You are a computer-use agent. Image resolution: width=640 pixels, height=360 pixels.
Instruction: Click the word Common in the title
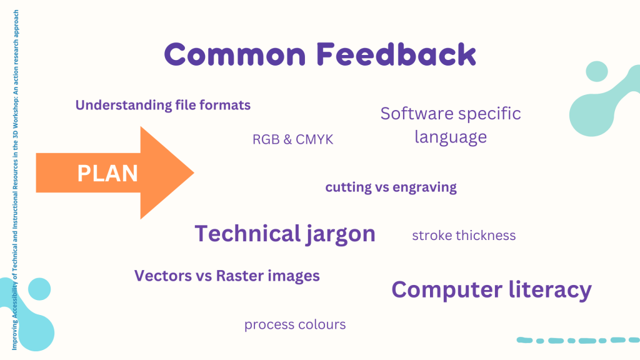pyautogui.click(x=235, y=55)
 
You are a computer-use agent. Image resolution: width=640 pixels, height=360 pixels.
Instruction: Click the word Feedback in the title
pyautogui.click(x=396, y=54)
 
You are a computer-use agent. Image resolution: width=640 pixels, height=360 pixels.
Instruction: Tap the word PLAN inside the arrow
pyautogui.click(x=107, y=173)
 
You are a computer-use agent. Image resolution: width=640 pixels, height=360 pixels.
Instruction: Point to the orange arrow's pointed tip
pyautogui.click(x=194, y=172)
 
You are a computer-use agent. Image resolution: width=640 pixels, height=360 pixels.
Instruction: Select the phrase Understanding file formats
pyautogui.click(x=163, y=105)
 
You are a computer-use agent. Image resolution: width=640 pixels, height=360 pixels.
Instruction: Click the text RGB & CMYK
pyautogui.click(x=292, y=139)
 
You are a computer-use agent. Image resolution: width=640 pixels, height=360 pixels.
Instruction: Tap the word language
pyautogui.click(x=451, y=137)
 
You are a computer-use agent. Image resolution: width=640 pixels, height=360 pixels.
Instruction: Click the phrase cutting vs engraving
pyautogui.click(x=391, y=187)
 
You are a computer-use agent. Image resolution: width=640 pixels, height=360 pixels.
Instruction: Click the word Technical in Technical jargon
pyautogui.click(x=247, y=234)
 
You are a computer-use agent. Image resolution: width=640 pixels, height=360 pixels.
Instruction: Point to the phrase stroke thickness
pyautogui.click(x=464, y=236)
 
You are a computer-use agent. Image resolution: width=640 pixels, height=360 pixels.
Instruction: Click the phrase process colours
pyautogui.click(x=295, y=325)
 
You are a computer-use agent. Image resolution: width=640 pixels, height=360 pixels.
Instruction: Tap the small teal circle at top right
pyautogui.click(x=597, y=72)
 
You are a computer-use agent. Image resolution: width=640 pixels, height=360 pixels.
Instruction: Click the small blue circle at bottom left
pyautogui.click(x=39, y=289)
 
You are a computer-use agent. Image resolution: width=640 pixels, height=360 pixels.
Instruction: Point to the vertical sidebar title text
pyautogui.click(x=15, y=180)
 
